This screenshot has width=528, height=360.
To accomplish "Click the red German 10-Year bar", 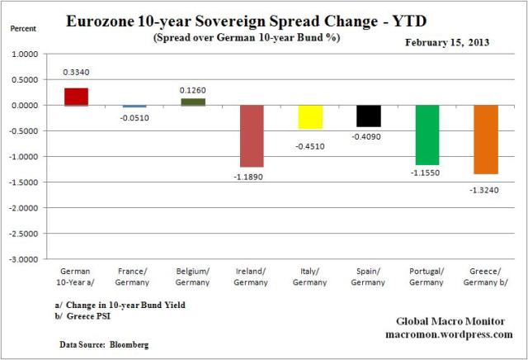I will [76, 97].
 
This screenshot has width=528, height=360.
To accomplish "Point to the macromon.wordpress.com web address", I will [447, 334].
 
